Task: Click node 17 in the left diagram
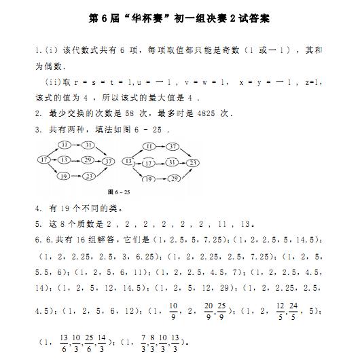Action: tap(43, 160)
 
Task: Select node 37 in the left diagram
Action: tap(109, 161)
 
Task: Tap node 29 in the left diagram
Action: tap(88, 160)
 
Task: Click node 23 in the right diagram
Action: tap(194, 162)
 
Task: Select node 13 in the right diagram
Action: tap(129, 161)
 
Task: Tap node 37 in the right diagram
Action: tap(173, 146)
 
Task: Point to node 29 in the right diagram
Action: tap(173, 178)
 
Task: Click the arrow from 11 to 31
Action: tap(76, 145)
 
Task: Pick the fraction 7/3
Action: tap(145, 340)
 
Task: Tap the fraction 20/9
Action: tap(209, 311)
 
